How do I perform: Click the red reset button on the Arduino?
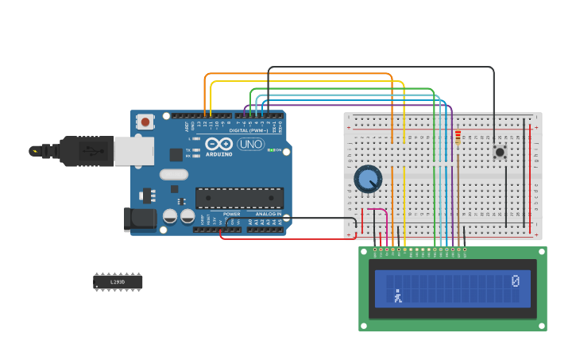pos(145,122)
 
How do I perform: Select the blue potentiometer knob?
pos(368,179)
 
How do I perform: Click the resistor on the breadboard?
pos(458,138)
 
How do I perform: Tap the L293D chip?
pos(118,282)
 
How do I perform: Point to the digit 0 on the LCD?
pos(516,281)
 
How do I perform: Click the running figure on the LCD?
pos(398,297)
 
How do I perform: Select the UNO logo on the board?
pos(250,144)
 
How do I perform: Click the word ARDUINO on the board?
pos(218,154)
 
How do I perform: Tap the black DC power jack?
pos(141,219)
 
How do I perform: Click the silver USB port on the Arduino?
pos(133,151)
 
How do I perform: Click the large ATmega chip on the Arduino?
pos(239,198)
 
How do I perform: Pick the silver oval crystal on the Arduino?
pos(173,174)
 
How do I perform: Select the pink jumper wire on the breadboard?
pos(385,219)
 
